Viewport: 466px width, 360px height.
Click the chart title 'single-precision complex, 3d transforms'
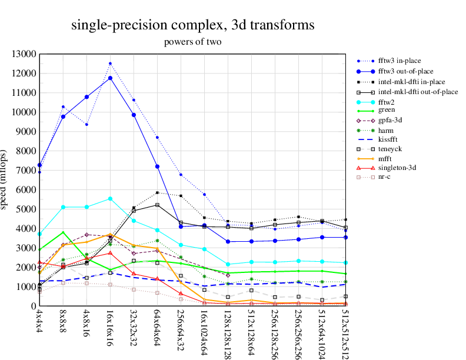192,25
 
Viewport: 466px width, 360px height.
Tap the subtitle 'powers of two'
192,42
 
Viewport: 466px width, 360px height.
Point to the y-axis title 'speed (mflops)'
5,180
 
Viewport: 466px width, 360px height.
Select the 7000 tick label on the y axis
26,171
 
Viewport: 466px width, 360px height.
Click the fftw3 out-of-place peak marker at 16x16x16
110,78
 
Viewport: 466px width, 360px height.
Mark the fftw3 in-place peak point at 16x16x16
110,64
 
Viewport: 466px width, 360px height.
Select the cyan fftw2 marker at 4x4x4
39,234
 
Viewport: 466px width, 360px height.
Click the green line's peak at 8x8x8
63,232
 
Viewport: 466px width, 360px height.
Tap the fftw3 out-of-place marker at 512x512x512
345,237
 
